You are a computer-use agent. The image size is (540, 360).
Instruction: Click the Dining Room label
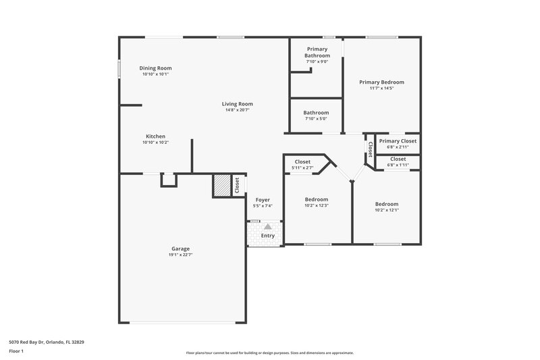pos(155,68)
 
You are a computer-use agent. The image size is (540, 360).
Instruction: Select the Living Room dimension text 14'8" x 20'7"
pos(237,110)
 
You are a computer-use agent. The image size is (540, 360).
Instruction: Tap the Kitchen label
pos(155,136)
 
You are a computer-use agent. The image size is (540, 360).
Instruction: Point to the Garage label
pos(180,249)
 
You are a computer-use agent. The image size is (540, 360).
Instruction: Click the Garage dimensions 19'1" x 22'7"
pos(180,255)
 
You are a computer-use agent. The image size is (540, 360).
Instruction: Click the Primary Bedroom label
pos(381,82)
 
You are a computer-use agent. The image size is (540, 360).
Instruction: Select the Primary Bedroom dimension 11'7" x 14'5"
pos(381,88)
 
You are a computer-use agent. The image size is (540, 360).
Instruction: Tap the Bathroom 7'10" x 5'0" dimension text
pos(316,120)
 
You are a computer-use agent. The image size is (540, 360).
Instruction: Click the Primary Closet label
pos(398,140)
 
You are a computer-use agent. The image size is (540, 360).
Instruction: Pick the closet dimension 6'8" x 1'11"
pos(398,165)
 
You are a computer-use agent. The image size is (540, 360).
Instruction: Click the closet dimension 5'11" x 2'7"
pos(302,168)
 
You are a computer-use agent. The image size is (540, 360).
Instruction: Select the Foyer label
pos(262,200)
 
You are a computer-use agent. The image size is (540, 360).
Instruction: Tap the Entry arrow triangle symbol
pos(268,227)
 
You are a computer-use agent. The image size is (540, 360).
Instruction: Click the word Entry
pos(268,236)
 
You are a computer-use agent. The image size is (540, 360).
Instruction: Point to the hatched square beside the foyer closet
pos(222,185)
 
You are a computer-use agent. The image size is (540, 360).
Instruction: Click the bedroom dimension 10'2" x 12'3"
pos(316,205)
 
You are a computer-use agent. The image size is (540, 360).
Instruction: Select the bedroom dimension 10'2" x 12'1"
pos(387,210)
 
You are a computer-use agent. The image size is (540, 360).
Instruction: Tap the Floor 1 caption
pos(16,352)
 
